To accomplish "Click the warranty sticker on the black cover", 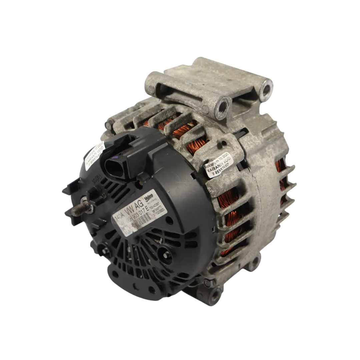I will point(95,155).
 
